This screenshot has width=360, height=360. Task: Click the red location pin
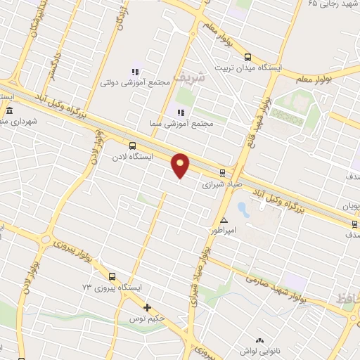click(181, 164)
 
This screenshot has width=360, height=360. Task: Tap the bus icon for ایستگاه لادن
click(133, 146)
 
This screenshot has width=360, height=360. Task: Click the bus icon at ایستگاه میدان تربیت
click(247, 58)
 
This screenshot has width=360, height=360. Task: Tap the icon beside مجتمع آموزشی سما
click(180, 112)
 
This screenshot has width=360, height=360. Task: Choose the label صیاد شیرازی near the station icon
click(222, 186)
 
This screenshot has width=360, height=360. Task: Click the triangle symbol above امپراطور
click(224, 220)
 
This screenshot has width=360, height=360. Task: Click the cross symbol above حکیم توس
click(147, 307)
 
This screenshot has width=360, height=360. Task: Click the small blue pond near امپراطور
click(243, 209)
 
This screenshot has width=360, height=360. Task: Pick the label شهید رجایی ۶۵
click(332, 5)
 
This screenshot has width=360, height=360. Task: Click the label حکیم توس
click(148, 319)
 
